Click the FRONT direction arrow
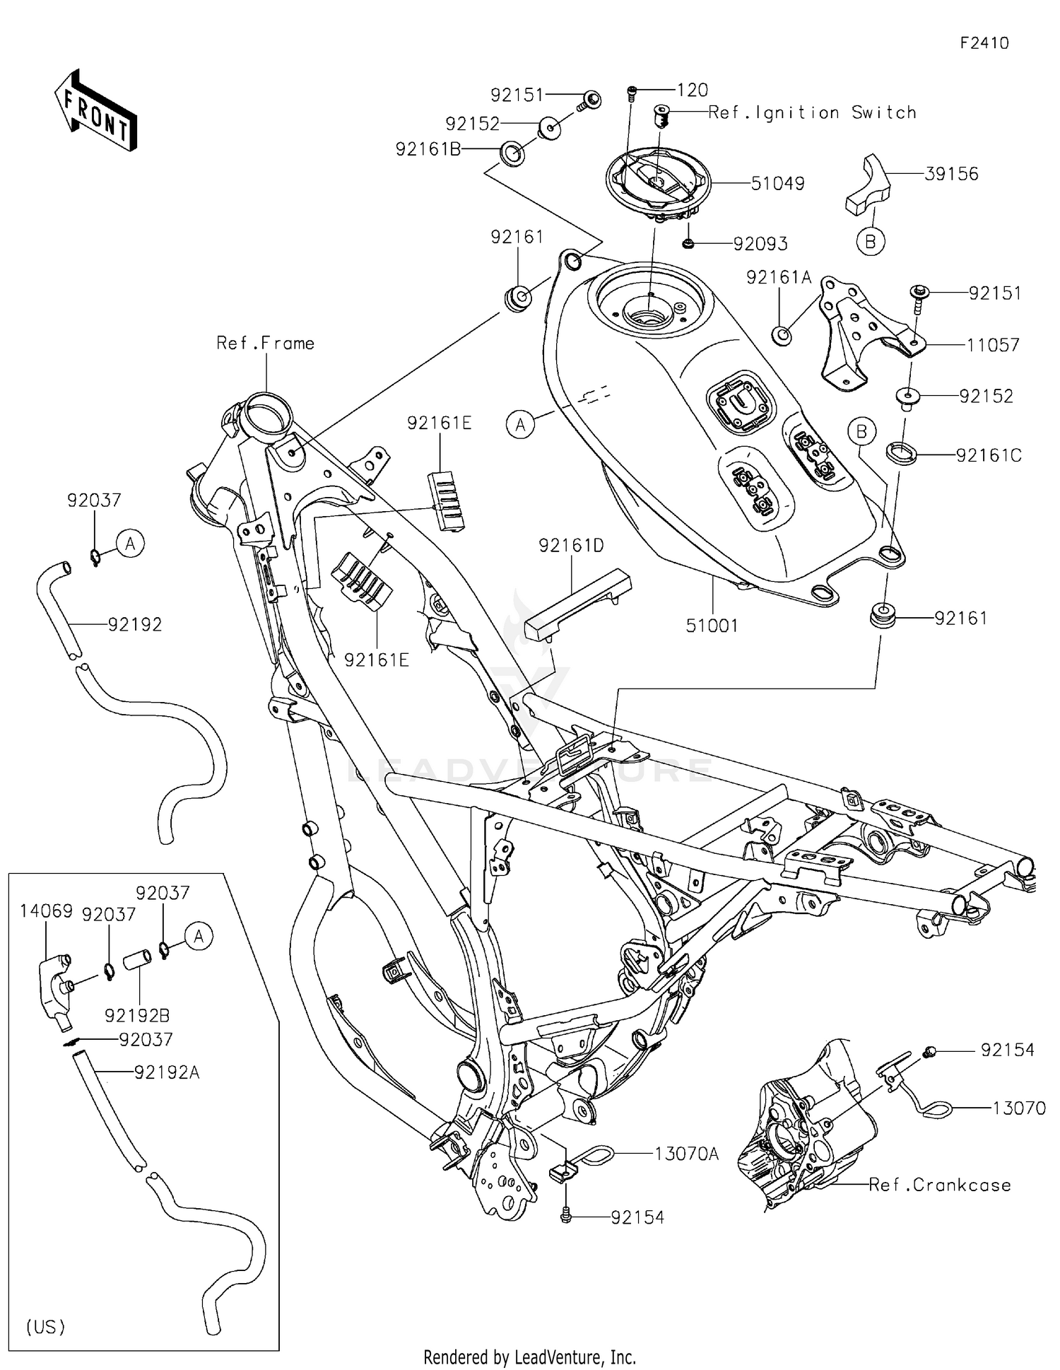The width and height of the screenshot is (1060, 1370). click(x=95, y=111)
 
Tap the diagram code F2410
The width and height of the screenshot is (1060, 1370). click(x=984, y=43)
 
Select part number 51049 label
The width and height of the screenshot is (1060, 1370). click(x=777, y=184)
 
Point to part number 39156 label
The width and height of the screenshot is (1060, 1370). click(x=951, y=174)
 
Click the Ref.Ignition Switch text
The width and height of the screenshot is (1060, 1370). click(x=812, y=112)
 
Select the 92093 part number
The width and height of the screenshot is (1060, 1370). click(x=760, y=244)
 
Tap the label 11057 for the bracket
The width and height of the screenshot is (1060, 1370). click(x=993, y=345)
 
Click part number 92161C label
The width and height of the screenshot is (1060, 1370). click(x=989, y=455)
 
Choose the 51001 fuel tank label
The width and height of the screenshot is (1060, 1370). click(x=712, y=625)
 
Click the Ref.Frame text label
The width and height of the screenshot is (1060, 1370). click(x=265, y=344)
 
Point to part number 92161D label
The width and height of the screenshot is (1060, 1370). click(x=571, y=545)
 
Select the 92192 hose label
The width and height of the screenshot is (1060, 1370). click(x=135, y=624)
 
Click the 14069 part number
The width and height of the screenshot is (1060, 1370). click(x=46, y=911)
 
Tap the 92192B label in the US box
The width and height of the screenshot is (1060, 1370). click(x=137, y=1015)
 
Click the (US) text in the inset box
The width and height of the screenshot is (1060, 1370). click(x=46, y=1327)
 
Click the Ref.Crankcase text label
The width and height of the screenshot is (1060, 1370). click(x=939, y=1185)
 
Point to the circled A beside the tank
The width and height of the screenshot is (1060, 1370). click(x=521, y=424)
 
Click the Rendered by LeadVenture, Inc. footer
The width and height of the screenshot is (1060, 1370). click(x=529, y=1357)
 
